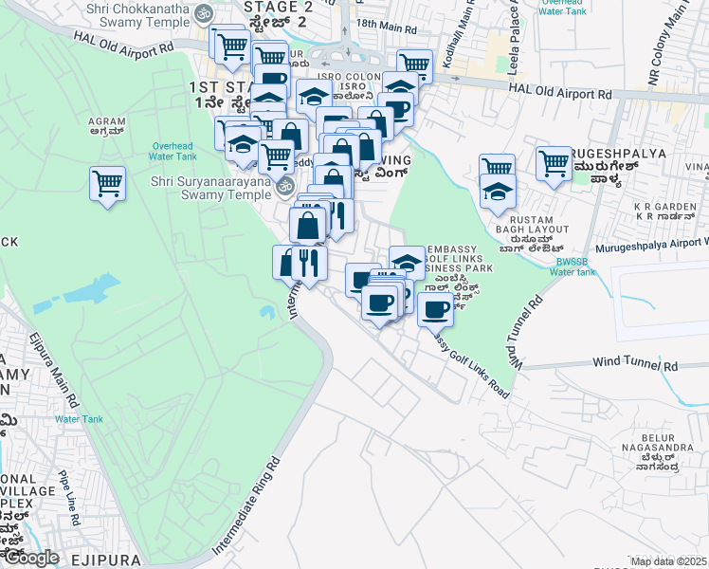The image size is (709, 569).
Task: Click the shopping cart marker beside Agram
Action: click(x=108, y=183)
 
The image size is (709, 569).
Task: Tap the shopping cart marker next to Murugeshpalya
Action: click(x=554, y=162)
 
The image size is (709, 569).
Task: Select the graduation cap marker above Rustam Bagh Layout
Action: click(x=498, y=192)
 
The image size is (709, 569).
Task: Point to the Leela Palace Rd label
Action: click(x=513, y=28)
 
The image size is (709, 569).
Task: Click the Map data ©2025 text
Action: click(x=668, y=561)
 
